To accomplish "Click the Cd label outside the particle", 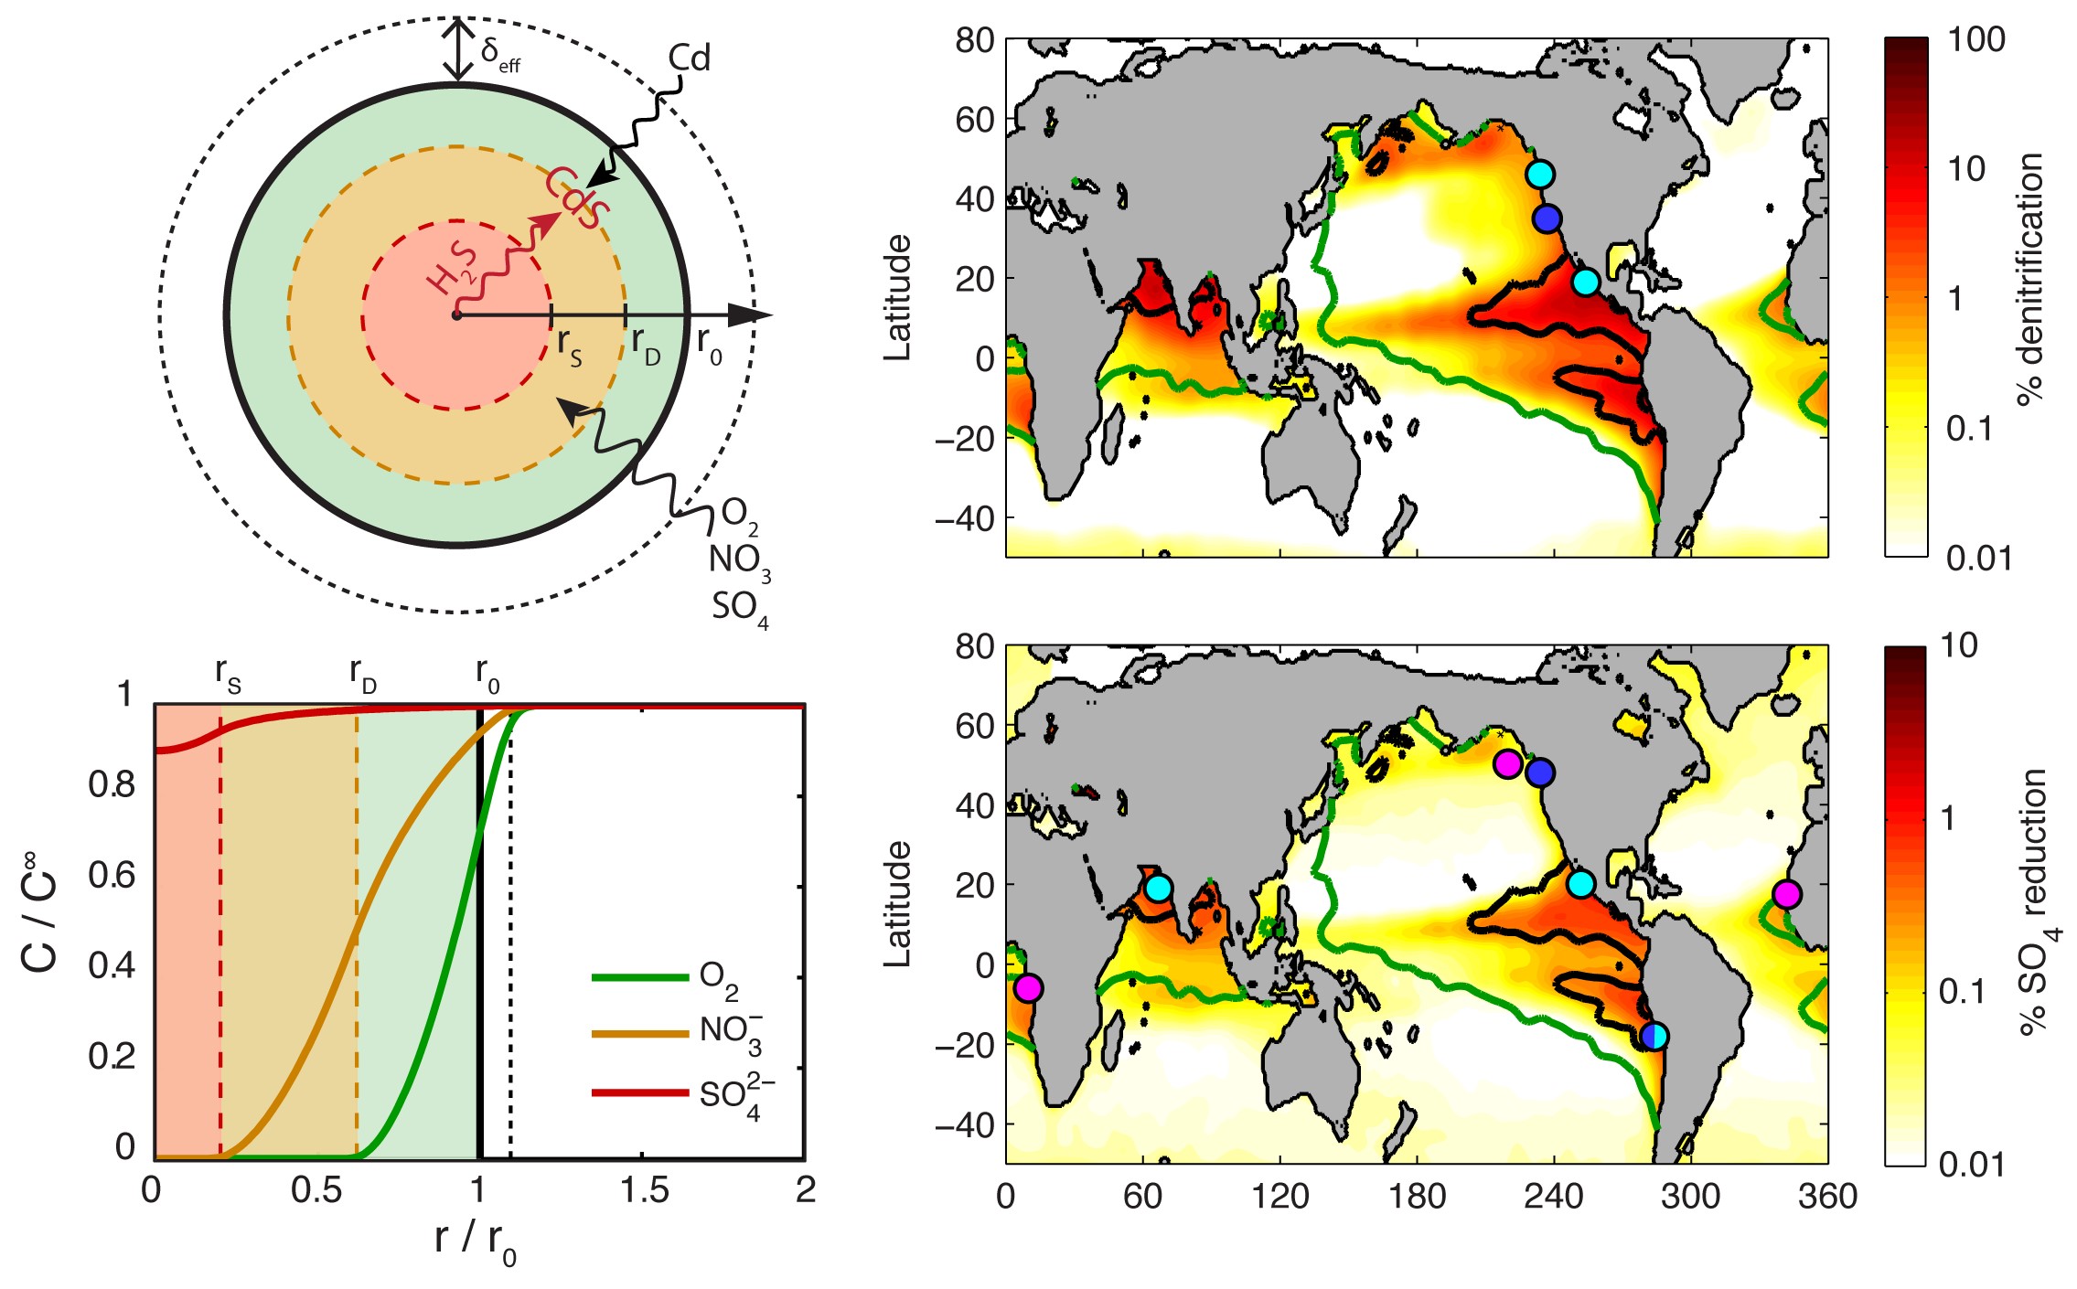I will pos(688,59).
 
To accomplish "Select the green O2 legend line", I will pos(639,977).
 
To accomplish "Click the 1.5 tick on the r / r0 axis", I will pos(644,1190).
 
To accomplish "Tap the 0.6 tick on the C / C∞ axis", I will pos(111,875).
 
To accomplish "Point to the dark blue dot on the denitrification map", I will pos(1547,218).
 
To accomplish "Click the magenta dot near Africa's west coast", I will pos(1028,987).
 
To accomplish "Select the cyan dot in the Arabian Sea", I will pos(1158,888).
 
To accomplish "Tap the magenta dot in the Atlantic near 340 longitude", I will pos(1786,894).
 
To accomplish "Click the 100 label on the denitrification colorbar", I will pos(1975,40).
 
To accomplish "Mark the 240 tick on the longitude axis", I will pos(1553,1196).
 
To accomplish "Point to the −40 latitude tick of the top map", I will pos(965,518).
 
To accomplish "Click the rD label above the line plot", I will pos(362,675).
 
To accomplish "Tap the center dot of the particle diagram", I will pos(456,315).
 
